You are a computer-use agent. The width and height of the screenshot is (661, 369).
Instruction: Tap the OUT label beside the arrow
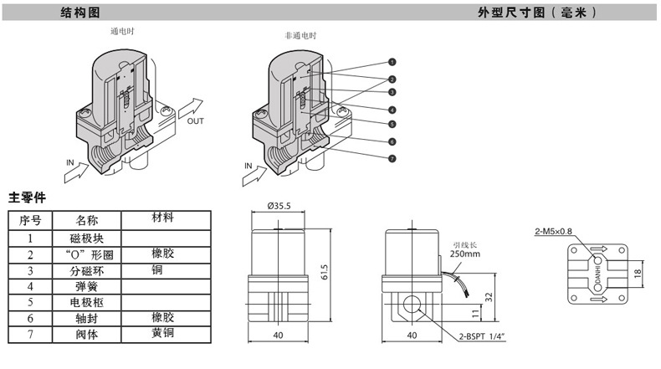coord(195,121)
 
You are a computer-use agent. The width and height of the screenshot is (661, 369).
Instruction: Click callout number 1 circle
coord(392,62)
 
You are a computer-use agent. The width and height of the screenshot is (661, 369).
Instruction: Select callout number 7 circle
coord(392,158)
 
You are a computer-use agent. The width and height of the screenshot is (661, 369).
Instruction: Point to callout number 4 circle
coord(392,110)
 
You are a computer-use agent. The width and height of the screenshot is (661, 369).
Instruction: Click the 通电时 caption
coord(122,31)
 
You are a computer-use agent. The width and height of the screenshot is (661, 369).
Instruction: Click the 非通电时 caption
coord(300,37)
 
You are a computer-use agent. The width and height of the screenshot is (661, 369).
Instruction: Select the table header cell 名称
coord(87,221)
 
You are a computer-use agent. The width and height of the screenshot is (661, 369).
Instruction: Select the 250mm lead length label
coord(464,253)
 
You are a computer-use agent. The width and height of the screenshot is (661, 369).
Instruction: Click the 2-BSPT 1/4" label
coord(481,337)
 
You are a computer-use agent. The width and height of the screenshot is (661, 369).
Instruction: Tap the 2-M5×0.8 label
coord(553,232)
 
